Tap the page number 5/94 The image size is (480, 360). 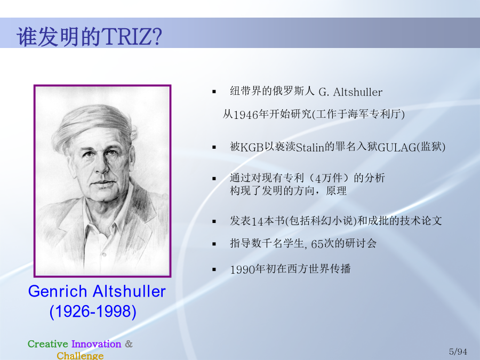[458, 352]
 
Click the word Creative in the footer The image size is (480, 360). [48, 344]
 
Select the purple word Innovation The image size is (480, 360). [97, 344]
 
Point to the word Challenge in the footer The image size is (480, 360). [80, 355]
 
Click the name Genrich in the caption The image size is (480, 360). [58, 291]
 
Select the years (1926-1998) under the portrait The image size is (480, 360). [93, 311]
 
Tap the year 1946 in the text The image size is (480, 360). [246, 115]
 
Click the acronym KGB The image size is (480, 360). [252, 148]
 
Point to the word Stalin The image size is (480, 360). [310, 148]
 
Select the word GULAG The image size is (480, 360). [397, 148]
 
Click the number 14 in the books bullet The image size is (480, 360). [256, 221]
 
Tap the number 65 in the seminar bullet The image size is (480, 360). [316, 244]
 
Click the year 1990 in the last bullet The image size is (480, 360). [243, 270]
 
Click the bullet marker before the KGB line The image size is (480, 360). [214, 147]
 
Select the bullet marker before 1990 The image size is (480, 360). [214, 269]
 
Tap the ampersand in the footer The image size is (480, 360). [129, 344]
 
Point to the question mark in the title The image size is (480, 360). [157, 37]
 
